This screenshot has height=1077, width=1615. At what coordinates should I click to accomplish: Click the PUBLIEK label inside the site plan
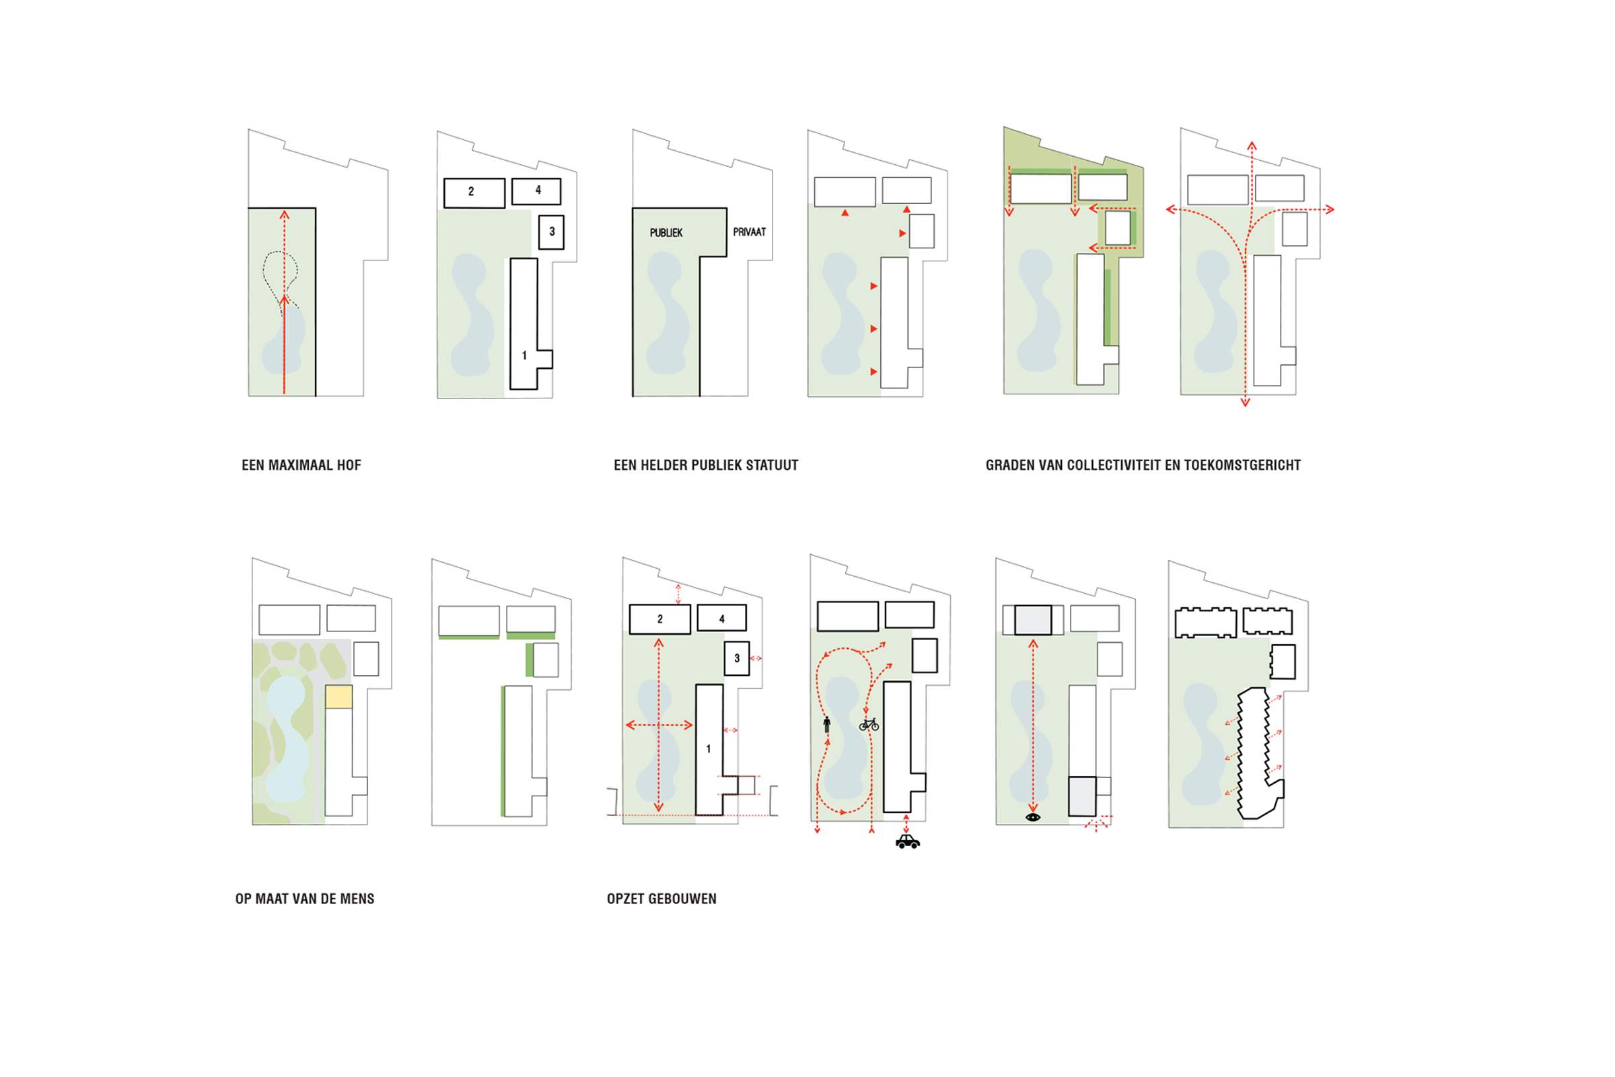[666, 233]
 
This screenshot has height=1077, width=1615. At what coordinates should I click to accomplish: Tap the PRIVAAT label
[749, 232]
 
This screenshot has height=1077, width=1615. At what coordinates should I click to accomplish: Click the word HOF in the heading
[348, 465]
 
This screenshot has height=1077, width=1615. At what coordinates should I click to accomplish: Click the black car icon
[907, 841]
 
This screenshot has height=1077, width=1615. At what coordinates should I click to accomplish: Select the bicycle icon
[869, 724]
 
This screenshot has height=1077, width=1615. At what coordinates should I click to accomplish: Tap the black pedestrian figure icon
[827, 725]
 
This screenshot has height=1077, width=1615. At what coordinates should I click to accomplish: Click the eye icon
[1033, 817]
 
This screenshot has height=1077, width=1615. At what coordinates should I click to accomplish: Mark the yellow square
[338, 697]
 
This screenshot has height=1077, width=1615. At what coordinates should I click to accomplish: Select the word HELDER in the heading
[662, 465]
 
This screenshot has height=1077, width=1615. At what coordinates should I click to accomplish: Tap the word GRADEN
[1007, 465]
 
